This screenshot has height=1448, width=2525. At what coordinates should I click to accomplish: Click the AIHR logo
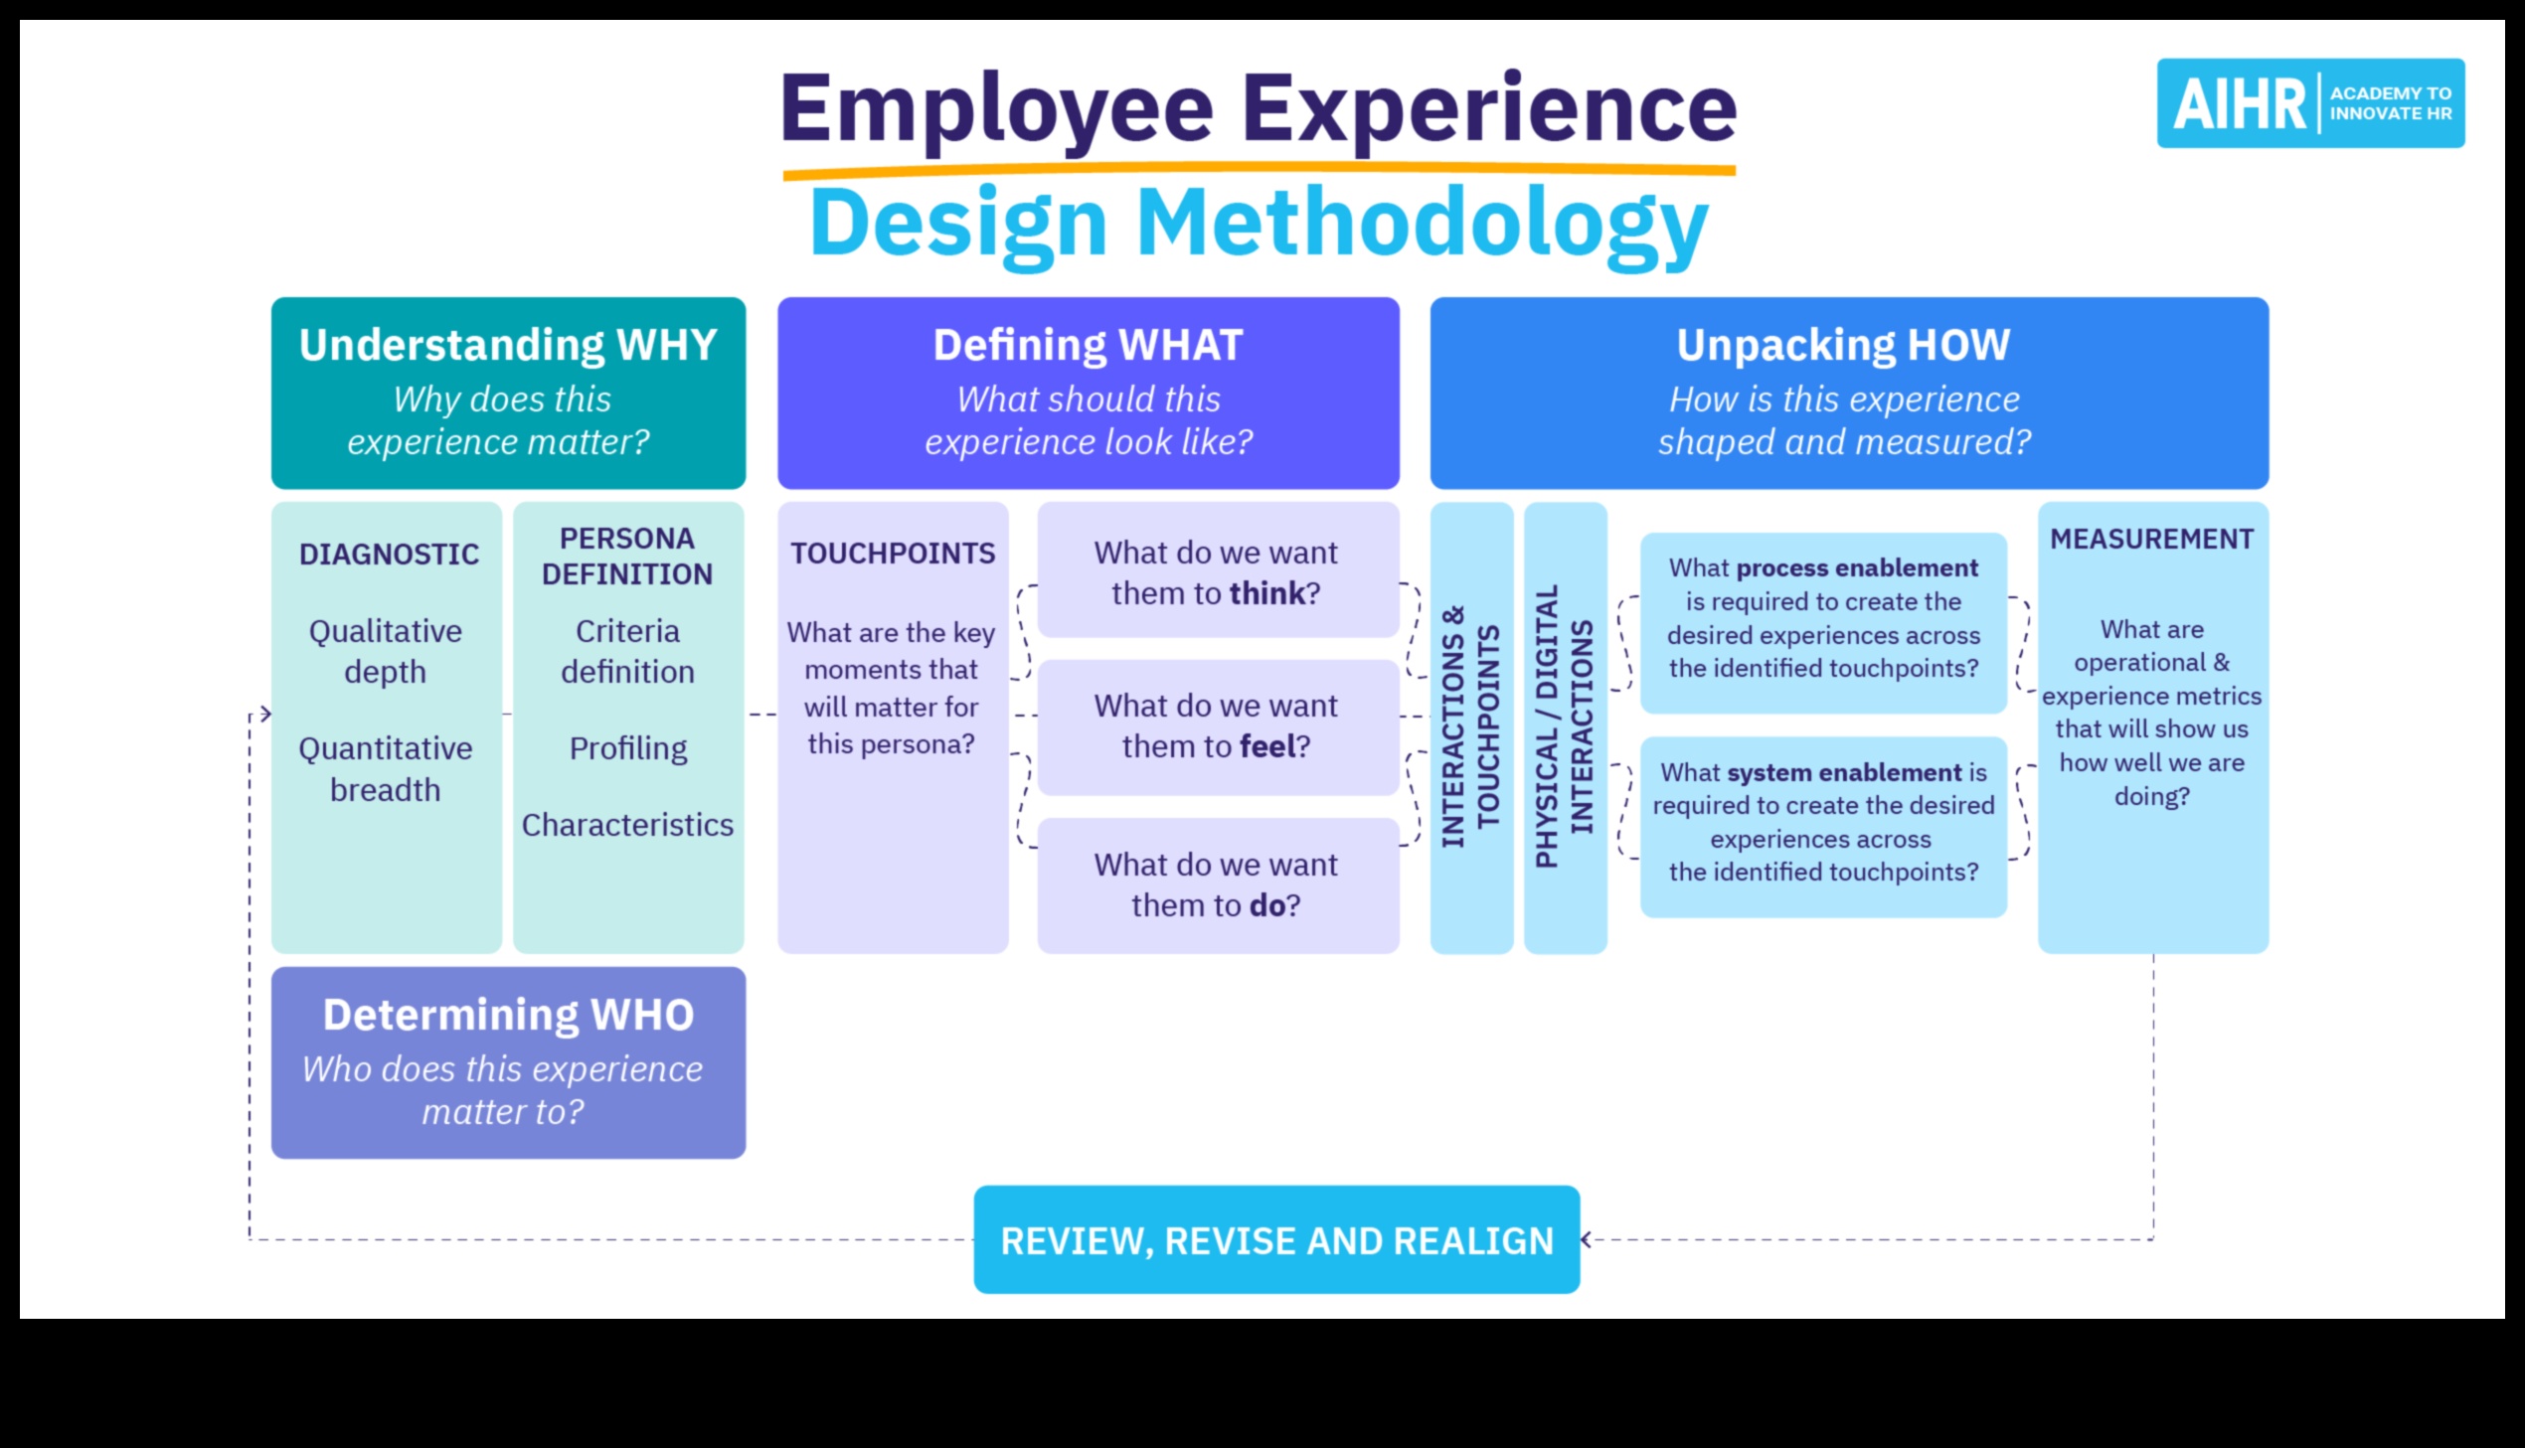pyautogui.click(x=2310, y=103)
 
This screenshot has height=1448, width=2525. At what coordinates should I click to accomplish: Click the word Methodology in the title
pyautogui.click(x=1422, y=226)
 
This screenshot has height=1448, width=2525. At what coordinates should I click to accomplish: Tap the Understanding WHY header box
pyautogui.click(x=508, y=393)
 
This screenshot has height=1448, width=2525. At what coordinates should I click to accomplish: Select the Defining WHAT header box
pyautogui.click(x=1088, y=393)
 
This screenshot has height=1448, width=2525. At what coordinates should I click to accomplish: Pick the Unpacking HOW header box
pyautogui.click(x=1849, y=393)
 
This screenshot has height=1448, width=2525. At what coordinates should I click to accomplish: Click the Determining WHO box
pyautogui.click(x=508, y=1062)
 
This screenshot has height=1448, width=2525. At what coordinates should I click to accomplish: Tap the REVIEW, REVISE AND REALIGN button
pyautogui.click(x=1277, y=1239)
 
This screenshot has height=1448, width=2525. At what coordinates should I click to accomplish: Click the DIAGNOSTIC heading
pyautogui.click(x=389, y=554)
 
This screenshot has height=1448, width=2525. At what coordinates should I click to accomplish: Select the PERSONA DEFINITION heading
pyautogui.click(x=627, y=556)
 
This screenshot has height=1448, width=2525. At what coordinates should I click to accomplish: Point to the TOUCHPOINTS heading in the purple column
pyautogui.click(x=893, y=553)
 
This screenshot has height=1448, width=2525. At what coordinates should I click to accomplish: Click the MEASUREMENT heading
pyautogui.click(x=2152, y=539)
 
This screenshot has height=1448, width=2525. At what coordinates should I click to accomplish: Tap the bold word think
pyautogui.click(x=1267, y=592)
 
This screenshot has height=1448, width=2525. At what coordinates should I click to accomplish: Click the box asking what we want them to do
pyautogui.click(x=1218, y=885)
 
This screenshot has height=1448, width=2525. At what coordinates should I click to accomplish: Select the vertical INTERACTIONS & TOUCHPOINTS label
pyautogui.click(x=1471, y=727)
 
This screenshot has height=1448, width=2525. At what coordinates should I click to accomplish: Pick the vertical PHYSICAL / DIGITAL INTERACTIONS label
pyautogui.click(x=1566, y=727)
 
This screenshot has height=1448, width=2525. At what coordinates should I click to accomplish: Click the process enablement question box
pyautogui.click(x=1823, y=622)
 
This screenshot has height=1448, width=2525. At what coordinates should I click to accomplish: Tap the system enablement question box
pyautogui.click(x=1823, y=827)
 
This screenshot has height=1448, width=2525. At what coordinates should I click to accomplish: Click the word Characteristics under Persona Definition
pyautogui.click(x=627, y=825)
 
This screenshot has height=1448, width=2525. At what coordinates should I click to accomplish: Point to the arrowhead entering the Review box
pyautogui.click(x=1587, y=1239)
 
